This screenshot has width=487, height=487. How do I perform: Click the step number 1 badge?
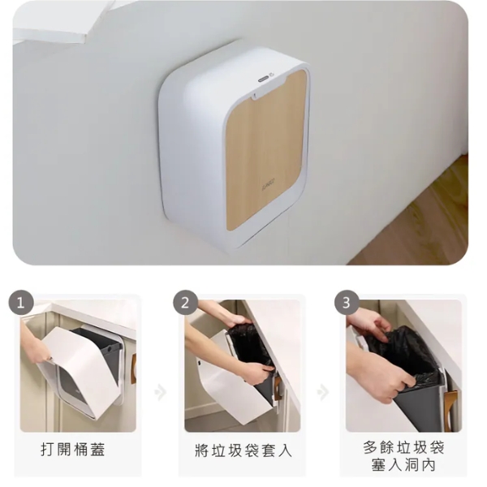point(21,303)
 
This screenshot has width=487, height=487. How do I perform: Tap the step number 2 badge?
point(186,303)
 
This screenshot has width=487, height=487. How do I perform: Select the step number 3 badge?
point(347,303)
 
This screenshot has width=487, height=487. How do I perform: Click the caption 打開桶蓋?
point(73,450)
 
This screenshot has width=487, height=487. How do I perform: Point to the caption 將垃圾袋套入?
point(243,450)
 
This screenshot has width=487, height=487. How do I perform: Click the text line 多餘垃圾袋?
point(403,447)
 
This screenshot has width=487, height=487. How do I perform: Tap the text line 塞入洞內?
point(403,466)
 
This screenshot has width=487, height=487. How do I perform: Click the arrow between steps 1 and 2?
point(161,393)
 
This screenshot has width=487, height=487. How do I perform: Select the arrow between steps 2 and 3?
point(323,393)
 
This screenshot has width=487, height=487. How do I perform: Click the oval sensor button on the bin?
point(263,80)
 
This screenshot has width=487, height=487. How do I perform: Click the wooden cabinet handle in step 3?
point(450,410)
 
